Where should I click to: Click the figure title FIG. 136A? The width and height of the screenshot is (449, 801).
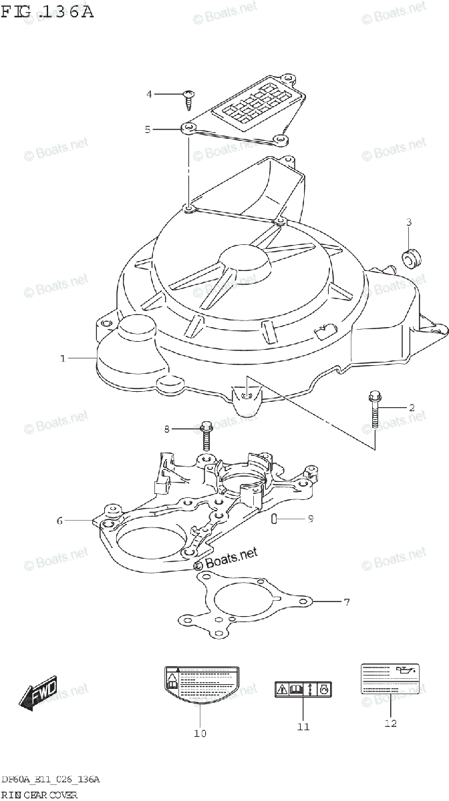[x=47, y=11]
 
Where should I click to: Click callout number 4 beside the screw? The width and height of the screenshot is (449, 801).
[x=150, y=94]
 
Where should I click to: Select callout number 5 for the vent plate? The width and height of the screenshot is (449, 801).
[x=148, y=129]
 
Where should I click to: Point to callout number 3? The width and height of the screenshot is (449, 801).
[x=409, y=222]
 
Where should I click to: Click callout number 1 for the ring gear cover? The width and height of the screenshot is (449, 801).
[x=63, y=358]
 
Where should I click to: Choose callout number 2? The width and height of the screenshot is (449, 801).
[x=412, y=407]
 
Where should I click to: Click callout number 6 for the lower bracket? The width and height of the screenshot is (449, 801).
[x=59, y=521]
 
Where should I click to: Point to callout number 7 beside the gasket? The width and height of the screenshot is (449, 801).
[x=346, y=603]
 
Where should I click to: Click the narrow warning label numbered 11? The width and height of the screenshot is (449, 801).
[x=304, y=690]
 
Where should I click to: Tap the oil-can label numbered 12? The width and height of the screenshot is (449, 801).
[x=391, y=679]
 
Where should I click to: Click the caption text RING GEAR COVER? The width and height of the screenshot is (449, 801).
[x=39, y=794]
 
